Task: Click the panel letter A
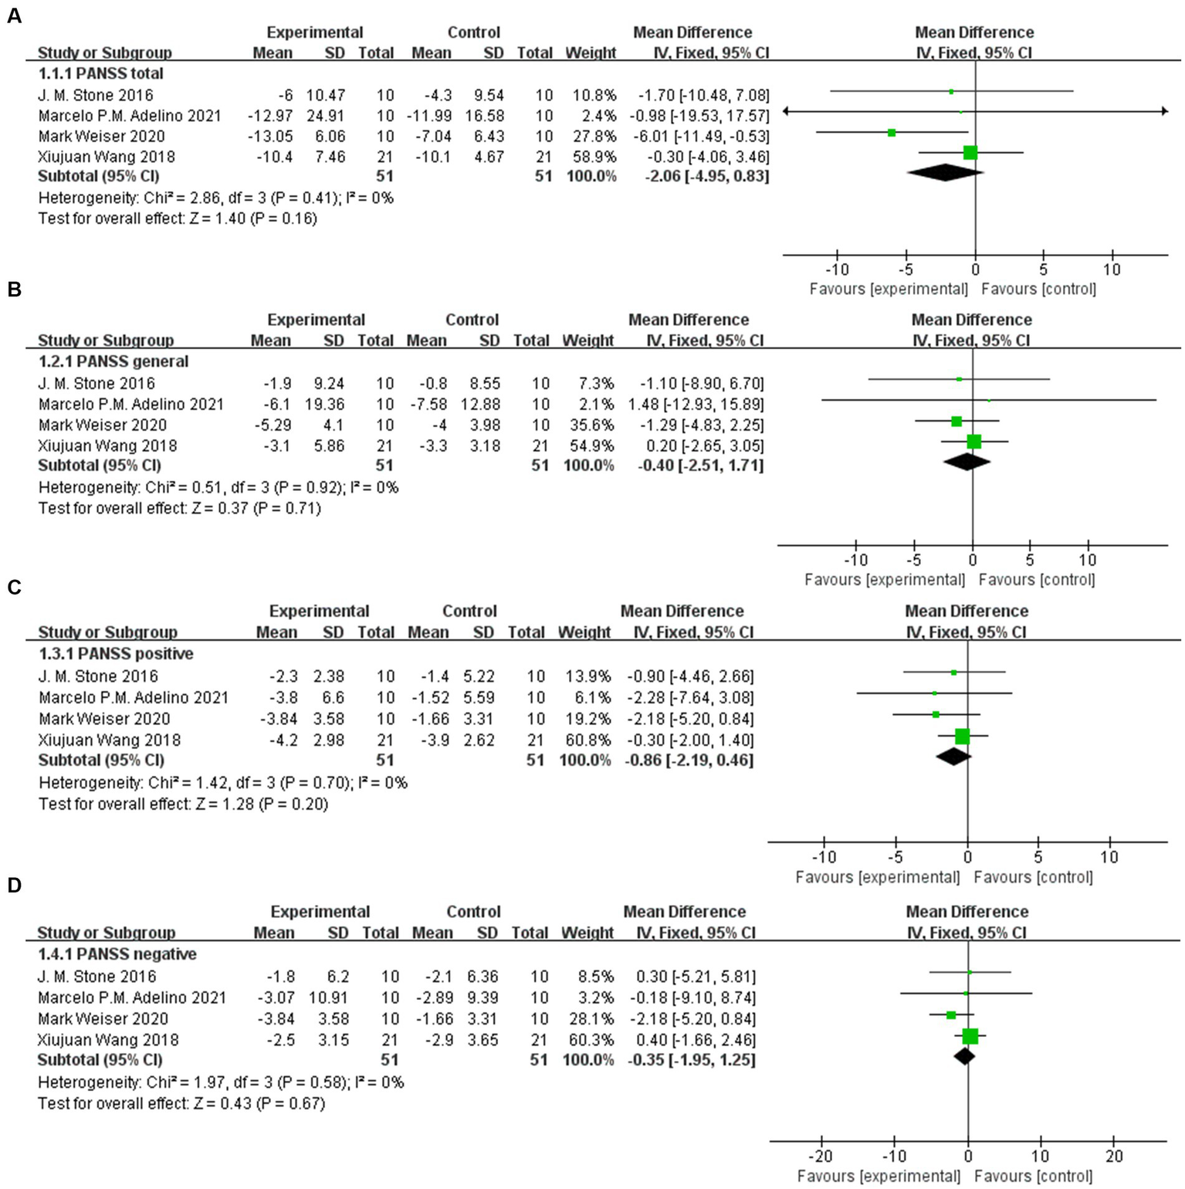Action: click(14, 16)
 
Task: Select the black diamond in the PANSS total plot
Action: click(945, 173)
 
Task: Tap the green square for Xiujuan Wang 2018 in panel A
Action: click(970, 153)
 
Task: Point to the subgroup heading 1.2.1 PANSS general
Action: click(113, 361)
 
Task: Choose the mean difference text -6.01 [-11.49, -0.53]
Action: click(703, 137)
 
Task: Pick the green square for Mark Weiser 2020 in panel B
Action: click(956, 422)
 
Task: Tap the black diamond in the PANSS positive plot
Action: click(953, 757)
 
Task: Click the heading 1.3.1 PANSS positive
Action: click(116, 653)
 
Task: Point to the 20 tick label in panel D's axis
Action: click(1112, 1156)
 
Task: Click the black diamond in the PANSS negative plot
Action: click(964, 1055)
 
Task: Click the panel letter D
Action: click(14, 886)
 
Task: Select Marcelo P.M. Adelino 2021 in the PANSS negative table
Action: click(132, 998)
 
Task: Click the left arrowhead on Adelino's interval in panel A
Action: click(787, 112)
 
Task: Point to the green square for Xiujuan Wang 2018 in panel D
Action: click(970, 1036)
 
